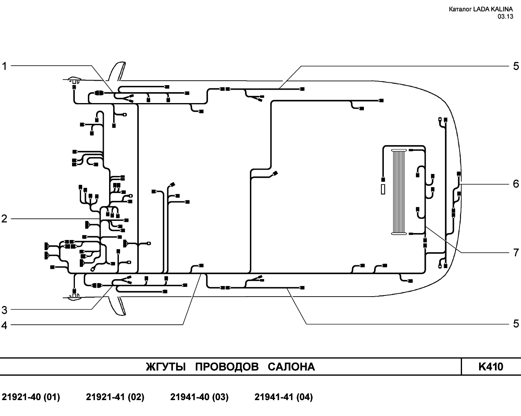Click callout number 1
click(4, 66)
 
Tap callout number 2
click(4, 219)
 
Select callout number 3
click(4, 310)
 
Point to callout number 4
click(4, 325)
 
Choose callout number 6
click(516, 184)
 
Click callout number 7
click(516, 253)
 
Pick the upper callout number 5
click(516, 66)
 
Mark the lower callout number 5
click(516, 324)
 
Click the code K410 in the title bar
click(491, 367)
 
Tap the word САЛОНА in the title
click(291, 367)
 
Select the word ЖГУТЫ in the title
click(166, 367)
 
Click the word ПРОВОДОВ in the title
click(227, 367)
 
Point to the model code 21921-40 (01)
click(31, 397)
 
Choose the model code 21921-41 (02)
click(115, 397)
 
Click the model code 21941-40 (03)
click(199, 397)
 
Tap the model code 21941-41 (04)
click(284, 397)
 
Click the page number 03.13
click(506, 16)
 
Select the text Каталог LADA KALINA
click(481, 9)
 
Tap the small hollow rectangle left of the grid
click(383, 189)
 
